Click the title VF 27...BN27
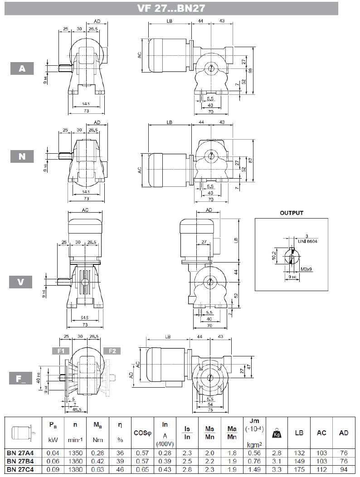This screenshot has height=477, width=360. point(171,9)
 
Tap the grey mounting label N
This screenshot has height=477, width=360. point(22,156)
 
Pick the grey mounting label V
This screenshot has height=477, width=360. point(21,282)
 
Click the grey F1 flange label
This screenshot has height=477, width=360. point(60,351)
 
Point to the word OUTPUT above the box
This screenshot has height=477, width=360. point(291,213)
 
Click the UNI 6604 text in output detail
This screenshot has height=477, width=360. point(308,241)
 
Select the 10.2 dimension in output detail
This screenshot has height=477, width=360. point(273,256)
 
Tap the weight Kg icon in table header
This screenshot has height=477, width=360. point(276,433)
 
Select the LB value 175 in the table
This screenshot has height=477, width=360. point(299,469)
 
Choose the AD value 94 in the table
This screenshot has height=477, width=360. point(344,469)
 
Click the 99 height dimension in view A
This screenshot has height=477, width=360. point(250,70)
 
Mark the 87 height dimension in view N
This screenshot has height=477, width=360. point(250,160)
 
